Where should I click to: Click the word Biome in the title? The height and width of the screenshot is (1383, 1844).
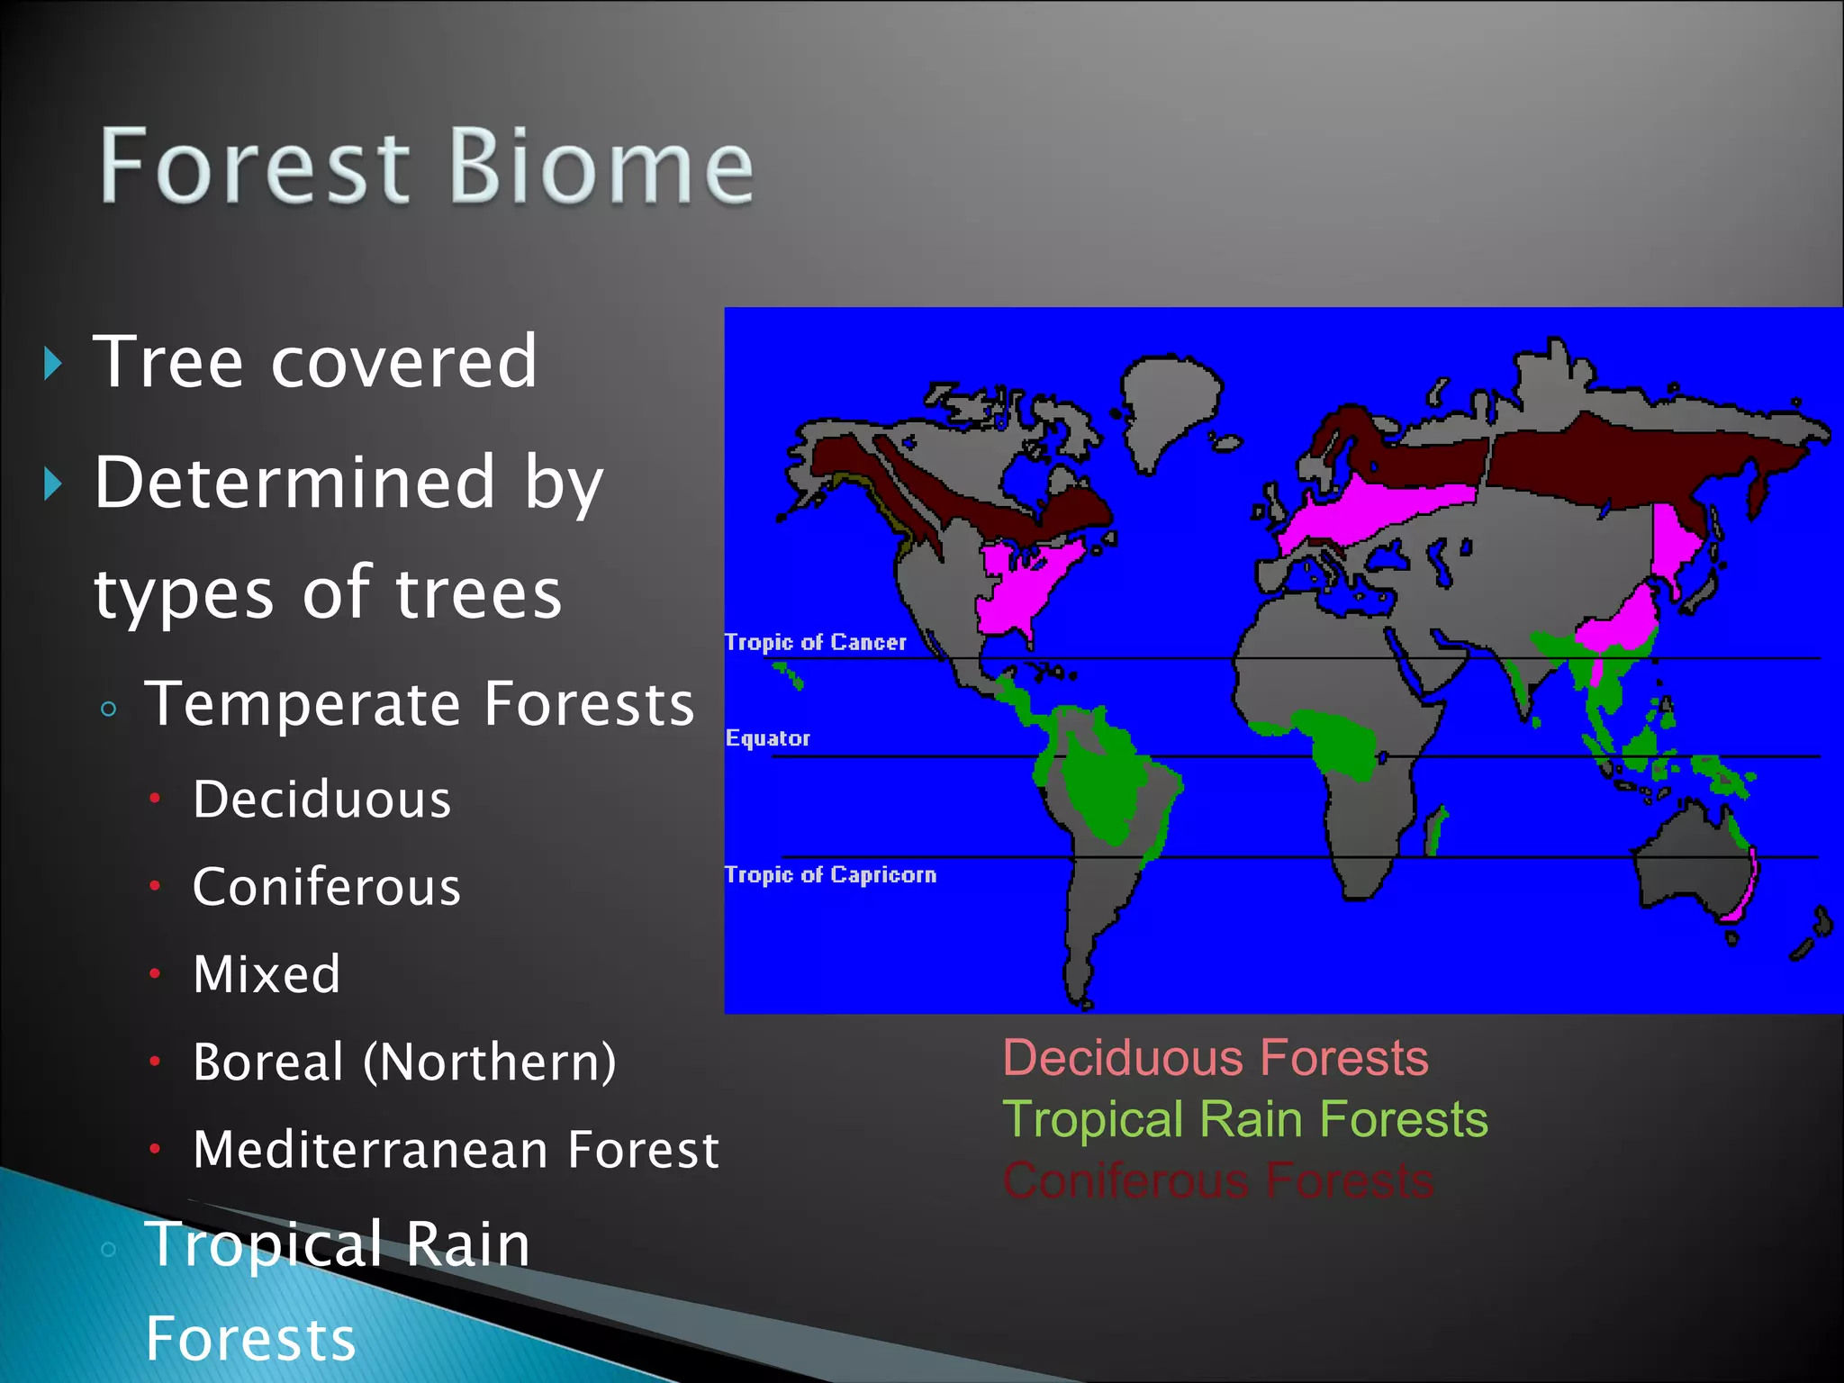pyautogui.click(x=601, y=166)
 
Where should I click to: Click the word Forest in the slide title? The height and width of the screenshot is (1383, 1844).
pyautogui.click(x=255, y=166)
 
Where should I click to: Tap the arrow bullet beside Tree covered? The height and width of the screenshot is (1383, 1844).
pyautogui.click(x=53, y=364)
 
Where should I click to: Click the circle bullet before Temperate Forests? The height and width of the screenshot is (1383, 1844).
pyautogui.click(x=109, y=709)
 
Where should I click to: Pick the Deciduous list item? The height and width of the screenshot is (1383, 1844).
pyautogui.click(x=321, y=800)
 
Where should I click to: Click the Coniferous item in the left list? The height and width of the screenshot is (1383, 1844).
pyautogui.click(x=327, y=887)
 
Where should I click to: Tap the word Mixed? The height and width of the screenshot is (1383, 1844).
pyautogui.click(x=267, y=974)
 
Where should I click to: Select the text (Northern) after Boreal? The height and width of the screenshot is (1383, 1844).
pyautogui.click(x=490, y=1062)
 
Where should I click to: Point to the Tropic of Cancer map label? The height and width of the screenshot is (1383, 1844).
pyautogui.click(x=816, y=642)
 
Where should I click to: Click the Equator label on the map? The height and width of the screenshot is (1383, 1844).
pyautogui.click(x=768, y=738)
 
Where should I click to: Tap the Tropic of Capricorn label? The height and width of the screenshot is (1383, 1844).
pyautogui.click(x=830, y=874)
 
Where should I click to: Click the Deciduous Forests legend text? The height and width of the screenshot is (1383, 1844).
pyautogui.click(x=1216, y=1057)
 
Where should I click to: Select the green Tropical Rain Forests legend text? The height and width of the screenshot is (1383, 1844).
pyautogui.click(x=1245, y=1119)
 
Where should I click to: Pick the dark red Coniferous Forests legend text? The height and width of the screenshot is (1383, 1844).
pyautogui.click(x=1218, y=1180)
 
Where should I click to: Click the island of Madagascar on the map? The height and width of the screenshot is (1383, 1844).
pyautogui.click(x=1435, y=831)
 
